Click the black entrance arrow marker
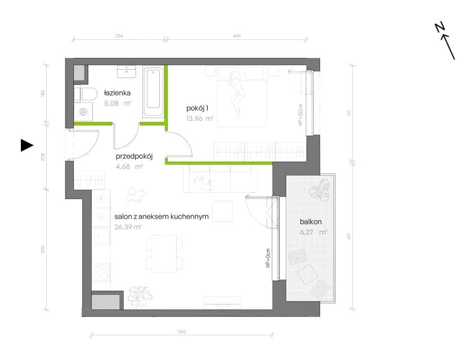pyautogui.click(x=26, y=145)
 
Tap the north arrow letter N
pyautogui.click(x=439, y=27)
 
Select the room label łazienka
pyautogui.click(x=117, y=93)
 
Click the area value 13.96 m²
pyautogui.click(x=200, y=118)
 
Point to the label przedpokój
pyautogui.click(x=134, y=156)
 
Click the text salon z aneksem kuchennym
pyautogui.click(x=161, y=217)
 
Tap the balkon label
pyautogui.click(x=311, y=222)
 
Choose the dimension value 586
pyautogui.click(x=182, y=331)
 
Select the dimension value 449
pyautogui.click(x=237, y=36)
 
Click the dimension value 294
pyautogui.click(x=119, y=36)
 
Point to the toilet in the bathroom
pyautogui.click(x=86, y=94)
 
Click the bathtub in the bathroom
pyautogui.click(x=153, y=92)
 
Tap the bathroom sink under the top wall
pyautogui.click(x=126, y=71)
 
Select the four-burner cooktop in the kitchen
pyautogui.click(x=101, y=273)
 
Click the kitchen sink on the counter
pyautogui.click(x=102, y=235)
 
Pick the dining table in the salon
pyautogui.click(x=164, y=254)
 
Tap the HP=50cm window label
pyautogui.click(x=300, y=115)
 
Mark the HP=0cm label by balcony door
pyautogui.click(x=268, y=258)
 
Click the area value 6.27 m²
pyautogui.click(x=313, y=232)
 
